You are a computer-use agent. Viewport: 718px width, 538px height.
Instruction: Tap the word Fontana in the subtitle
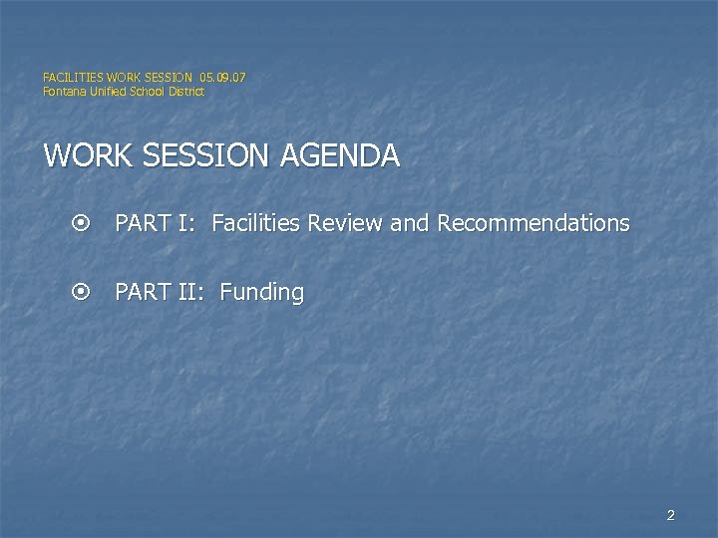[x=63, y=92]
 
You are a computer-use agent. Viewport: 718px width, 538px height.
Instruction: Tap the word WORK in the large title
[x=82, y=156]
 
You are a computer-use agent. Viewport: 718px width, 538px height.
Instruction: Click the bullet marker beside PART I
[x=82, y=223]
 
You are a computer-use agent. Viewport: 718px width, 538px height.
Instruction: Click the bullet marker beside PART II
[x=82, y=293]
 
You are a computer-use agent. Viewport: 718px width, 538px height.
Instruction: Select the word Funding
[x=261, y=293]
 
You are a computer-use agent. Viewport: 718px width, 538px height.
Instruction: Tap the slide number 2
[x=670, y=515]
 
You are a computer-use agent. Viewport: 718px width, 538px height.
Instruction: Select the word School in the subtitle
[x=146, y=92]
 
